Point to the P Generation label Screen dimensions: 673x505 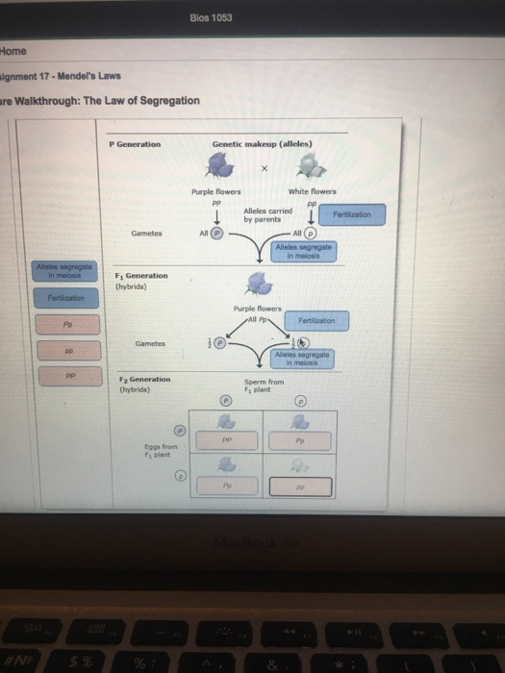coord(136,144)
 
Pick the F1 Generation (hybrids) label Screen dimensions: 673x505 coord(141,281)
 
